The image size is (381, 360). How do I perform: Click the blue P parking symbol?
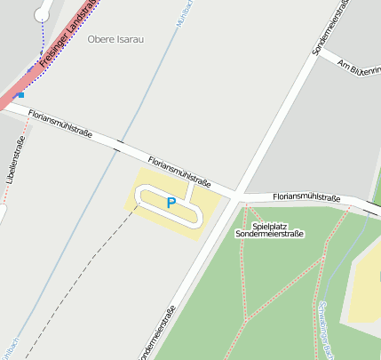(171, 203)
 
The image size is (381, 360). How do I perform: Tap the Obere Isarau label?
(115, 39)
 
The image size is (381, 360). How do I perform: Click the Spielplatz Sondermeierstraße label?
(269, 230)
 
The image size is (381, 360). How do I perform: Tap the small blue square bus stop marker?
(20, 93)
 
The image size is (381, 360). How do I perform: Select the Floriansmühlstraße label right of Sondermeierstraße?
(306, 196)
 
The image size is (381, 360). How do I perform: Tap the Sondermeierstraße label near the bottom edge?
(158, 334)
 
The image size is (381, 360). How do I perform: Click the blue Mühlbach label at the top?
(187, 13)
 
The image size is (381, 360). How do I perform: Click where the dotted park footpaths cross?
(245, 317)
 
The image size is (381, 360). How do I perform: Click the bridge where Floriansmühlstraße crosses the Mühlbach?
(120, 143)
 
